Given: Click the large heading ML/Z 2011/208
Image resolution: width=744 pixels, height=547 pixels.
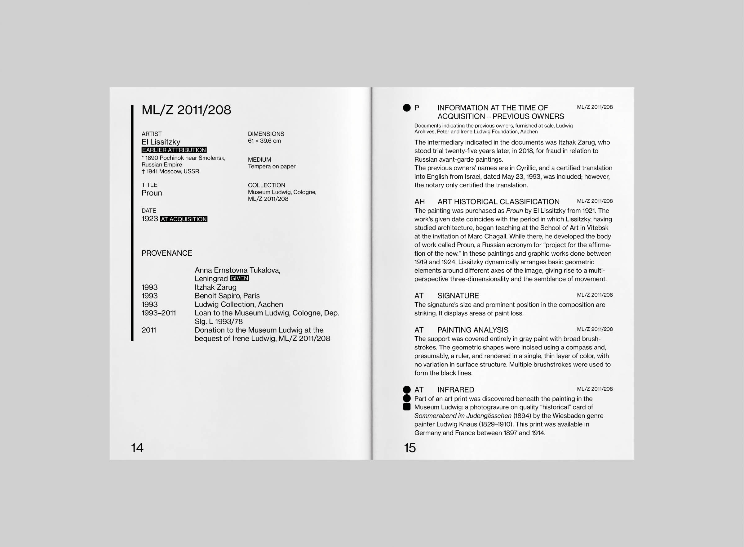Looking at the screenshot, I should point(186,110).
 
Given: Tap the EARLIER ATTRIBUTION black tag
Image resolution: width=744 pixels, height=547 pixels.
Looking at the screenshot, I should point(174,150).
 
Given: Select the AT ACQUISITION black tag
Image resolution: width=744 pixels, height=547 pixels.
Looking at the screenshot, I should point(184,219).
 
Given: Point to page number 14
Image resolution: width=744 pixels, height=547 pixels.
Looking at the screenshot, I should point(137,448).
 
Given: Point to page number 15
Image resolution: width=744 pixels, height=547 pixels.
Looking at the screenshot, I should point(410,448).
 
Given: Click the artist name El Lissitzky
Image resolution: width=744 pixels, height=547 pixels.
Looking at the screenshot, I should point(161,142).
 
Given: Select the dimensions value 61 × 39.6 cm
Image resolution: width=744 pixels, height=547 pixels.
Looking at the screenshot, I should point(264,141).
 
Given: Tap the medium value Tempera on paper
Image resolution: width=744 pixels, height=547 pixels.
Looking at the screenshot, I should point(272,166).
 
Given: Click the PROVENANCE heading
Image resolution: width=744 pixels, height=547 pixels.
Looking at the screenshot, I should point(167,253).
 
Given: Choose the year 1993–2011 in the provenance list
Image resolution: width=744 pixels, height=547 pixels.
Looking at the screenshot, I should point(158,313).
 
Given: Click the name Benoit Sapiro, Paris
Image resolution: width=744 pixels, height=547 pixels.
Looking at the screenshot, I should point(227,296).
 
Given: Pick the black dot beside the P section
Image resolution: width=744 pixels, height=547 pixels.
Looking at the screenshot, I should point(407,108).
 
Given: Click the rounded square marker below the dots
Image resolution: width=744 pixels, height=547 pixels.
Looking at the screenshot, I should point(407,407).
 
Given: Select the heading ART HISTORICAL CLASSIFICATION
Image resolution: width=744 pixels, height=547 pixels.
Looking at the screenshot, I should point(498,202).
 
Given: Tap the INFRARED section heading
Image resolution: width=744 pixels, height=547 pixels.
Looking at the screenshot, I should point(455,390).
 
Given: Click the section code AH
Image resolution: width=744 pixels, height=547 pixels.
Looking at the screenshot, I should point(419,202).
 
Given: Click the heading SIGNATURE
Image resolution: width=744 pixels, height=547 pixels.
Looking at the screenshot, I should point(458,296).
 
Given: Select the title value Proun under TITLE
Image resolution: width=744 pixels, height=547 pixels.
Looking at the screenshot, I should point(152,193).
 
